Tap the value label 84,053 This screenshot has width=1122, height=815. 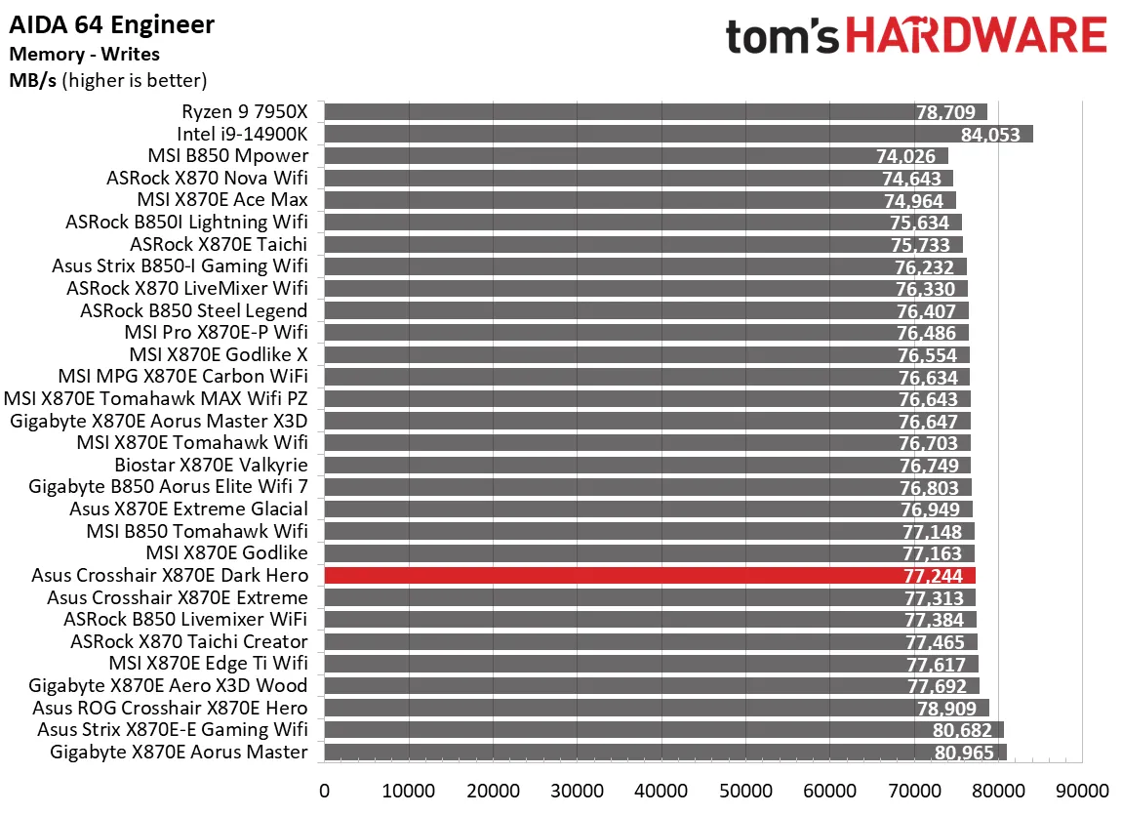tap(990, 135)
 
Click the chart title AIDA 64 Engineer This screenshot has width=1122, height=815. tap(112, 24)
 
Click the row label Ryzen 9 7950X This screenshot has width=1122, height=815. tap(244, 112)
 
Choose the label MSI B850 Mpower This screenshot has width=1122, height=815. tap(227, 156)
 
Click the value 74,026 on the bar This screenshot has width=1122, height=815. tap(912, 157)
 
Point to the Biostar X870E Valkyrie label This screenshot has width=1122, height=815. tap(211, 466)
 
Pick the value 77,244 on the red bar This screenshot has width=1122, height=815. tap(934, 576)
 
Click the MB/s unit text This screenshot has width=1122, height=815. tap(33, 80)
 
